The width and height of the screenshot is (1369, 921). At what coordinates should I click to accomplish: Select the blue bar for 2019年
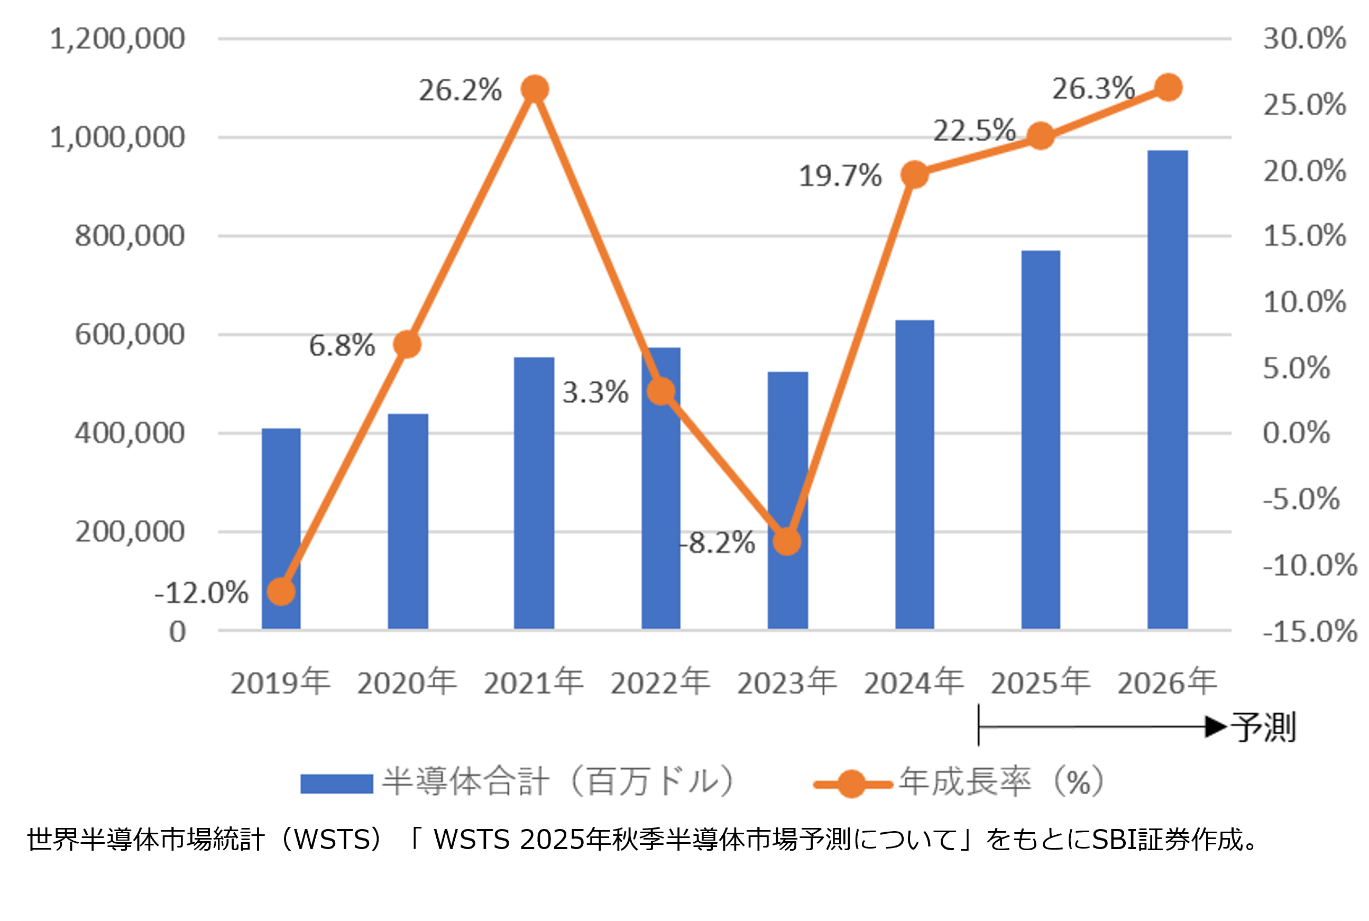point(281,529)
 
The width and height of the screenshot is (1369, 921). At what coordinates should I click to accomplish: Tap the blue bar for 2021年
point(534,493)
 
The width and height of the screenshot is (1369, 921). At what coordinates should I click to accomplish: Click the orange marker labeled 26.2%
point(535,89)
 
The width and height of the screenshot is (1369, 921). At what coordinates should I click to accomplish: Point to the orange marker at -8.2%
point(787,541)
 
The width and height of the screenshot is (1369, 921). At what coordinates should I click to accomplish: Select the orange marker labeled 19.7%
point(914,174)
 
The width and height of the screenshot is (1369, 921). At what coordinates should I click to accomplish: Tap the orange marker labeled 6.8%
point(407,344)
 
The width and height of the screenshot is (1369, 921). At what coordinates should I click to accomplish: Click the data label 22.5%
point(975,131)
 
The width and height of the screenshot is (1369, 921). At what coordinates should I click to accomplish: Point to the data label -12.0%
point(201,593)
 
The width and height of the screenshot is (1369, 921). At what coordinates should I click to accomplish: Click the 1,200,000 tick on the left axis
point(117,39)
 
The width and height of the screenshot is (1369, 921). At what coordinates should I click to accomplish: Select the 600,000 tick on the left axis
point(130,335)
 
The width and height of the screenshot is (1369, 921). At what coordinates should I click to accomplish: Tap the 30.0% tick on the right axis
point(1304,39)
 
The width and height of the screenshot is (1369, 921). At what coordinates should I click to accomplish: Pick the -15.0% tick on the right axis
point(1310,631)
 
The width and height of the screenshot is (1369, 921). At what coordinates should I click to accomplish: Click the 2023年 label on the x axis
point(787,683)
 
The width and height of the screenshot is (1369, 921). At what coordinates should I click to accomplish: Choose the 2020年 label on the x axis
point(407,683)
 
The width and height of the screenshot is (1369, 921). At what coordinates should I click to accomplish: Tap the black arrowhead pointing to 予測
point(1216,726)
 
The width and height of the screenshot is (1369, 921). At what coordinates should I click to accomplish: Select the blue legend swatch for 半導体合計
point(336,784)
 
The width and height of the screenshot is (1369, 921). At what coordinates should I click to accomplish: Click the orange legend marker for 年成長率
point(851,784)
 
